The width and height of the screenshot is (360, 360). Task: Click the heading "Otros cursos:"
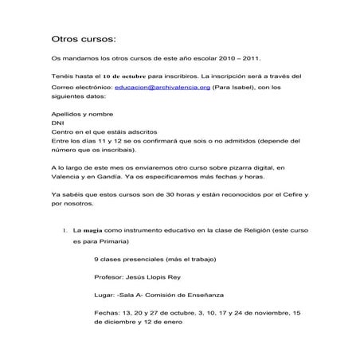(83, 38)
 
